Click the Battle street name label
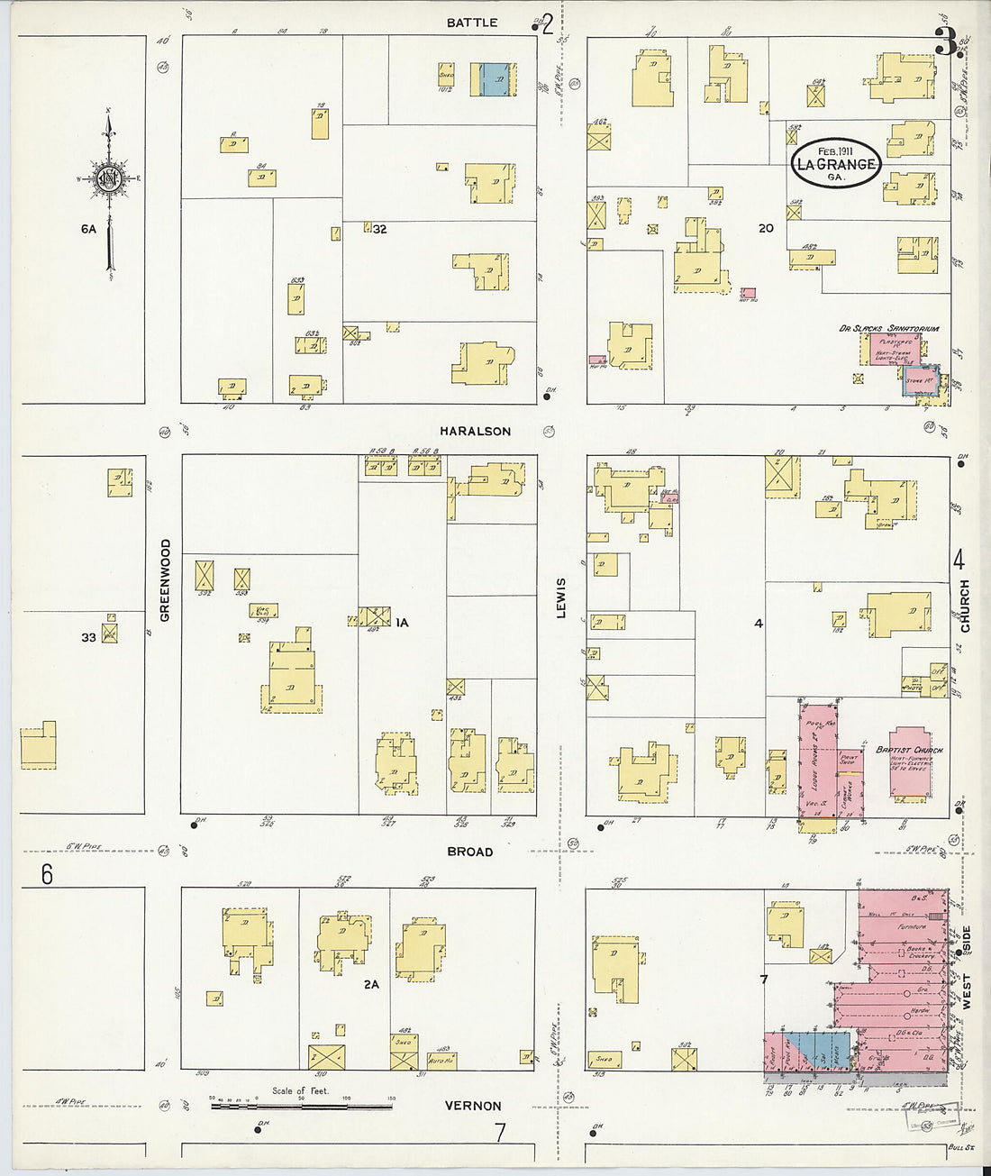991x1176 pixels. [x=472, y=23]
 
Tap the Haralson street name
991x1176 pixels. [x=477, y=432]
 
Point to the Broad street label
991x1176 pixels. [x=470, y=852]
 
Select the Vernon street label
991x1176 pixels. [x=473, y=1106]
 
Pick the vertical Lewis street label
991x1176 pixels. [x=560, y=597]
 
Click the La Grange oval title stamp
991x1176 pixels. [x=835, y=163]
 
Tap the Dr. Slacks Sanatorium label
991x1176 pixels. [x=888, y=329]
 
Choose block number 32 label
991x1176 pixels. [x=380, y=230]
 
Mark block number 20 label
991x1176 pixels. [x=766, y=229]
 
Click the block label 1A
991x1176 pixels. [x=402, y=622]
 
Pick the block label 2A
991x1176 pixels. [x=371, y=985]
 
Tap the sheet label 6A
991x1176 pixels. [x=87, y=230]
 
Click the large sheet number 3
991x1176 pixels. [x=944, y=41]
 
